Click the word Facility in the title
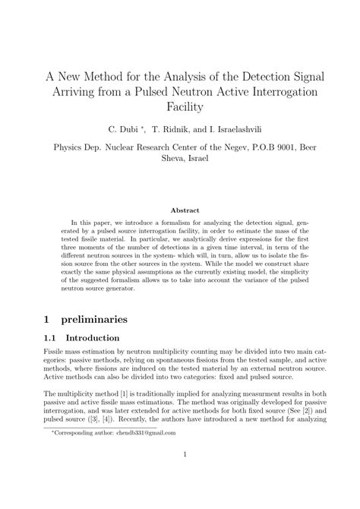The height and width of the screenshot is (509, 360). tap(180, 107)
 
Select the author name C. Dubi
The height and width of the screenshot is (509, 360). tap(125, 131)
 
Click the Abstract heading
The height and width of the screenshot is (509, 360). tap(180, 210)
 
